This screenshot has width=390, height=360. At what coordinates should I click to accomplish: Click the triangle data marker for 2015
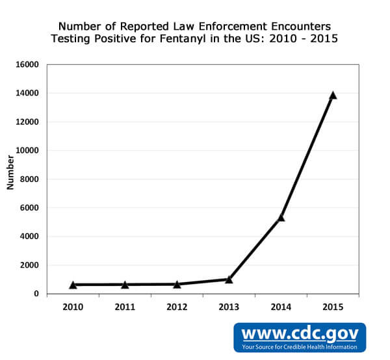333,96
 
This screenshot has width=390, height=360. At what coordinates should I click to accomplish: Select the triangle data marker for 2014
281,217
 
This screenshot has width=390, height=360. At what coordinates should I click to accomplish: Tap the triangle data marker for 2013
229,279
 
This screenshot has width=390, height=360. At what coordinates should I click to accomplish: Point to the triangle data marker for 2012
177,284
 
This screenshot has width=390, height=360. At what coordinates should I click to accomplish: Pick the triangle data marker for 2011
125,285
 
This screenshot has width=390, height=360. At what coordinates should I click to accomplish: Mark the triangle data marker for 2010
73,285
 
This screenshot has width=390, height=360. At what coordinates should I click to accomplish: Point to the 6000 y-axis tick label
30,208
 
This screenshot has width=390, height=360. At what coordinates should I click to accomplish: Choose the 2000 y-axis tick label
30,265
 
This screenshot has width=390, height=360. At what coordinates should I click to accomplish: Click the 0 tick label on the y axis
36,294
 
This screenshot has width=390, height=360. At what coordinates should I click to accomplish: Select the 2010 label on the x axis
73,307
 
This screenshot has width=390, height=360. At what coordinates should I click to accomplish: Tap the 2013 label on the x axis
229,307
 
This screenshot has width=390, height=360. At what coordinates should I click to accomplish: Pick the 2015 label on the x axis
333,307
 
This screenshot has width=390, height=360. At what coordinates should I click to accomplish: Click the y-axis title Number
10,172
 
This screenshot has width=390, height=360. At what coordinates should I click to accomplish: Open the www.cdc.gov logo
300,333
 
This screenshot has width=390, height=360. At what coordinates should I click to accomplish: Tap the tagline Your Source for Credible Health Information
300,347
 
